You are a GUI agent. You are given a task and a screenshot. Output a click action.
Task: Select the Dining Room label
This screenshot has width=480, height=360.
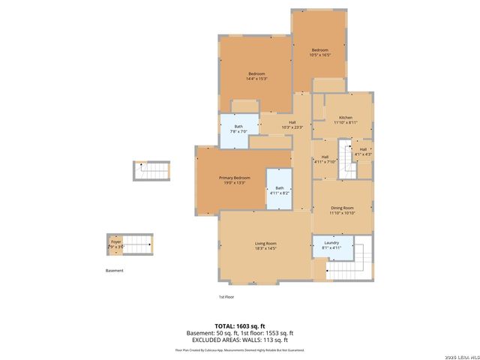(x=341, y=210)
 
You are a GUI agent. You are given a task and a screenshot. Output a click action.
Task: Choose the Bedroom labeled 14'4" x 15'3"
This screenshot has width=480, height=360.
(x=256, y=75)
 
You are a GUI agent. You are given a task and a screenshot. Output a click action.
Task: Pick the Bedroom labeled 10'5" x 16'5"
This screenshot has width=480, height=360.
(x=319, y=52)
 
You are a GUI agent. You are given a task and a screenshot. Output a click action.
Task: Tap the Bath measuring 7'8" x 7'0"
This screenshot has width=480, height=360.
(x=238, y=128)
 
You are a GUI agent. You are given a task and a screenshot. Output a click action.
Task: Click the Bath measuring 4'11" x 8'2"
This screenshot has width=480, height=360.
(x=279, y=190)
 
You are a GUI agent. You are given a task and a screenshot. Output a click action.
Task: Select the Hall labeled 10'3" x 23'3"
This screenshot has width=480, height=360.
(x=292, y=124)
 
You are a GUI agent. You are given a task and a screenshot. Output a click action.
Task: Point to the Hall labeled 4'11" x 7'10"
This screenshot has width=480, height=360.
(x=325, y=158)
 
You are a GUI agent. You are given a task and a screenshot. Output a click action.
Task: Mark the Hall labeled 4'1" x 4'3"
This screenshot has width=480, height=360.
(x=363, y=151)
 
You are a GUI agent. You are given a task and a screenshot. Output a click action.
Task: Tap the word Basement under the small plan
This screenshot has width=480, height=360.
(x=114, y=271)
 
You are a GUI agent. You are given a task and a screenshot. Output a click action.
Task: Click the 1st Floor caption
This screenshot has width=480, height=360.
(x=226, y=297)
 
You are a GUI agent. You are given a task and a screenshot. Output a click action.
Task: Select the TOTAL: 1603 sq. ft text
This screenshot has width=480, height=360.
(x=239, y=325)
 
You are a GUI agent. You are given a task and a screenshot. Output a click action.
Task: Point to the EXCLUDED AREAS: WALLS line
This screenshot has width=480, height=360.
(x=239, y=340)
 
